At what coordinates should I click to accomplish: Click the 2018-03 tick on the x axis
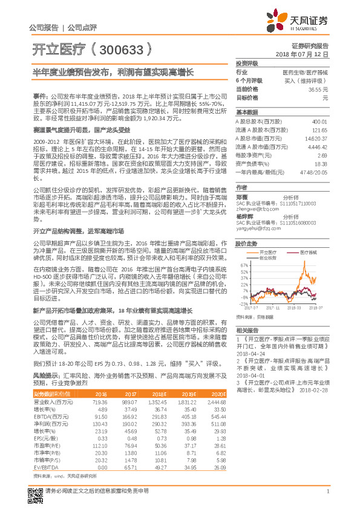pyautogui.click(x=294, y=308)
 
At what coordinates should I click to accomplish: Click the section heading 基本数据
pyautogui.click(x=246, y=113)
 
